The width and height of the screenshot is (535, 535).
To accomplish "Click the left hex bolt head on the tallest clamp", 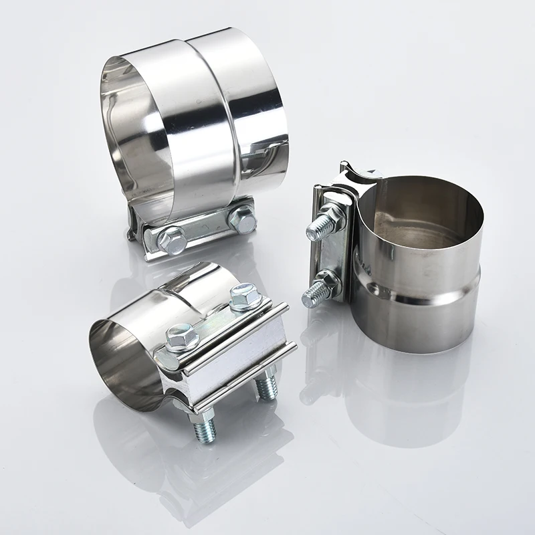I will click(173, 239).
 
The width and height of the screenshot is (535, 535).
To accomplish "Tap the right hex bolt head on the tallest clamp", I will click(242, 218).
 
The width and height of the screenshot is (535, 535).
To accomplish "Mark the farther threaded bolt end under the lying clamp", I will click(267, 386).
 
